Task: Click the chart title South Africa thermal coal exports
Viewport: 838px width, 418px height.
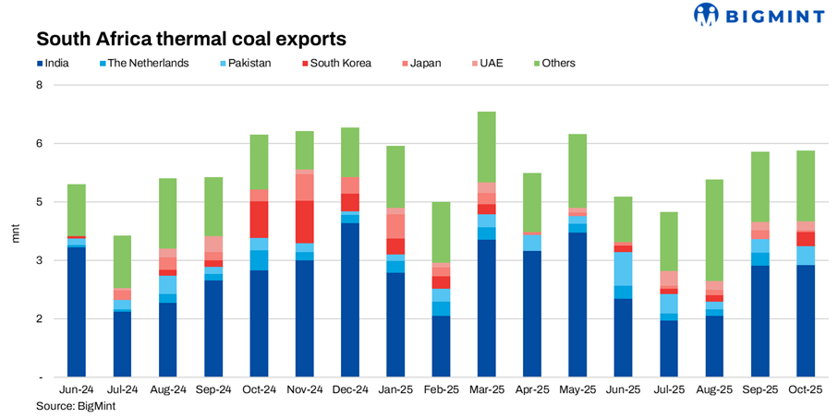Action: [x=191, y=40]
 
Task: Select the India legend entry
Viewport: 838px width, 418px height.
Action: [x=63, y=64]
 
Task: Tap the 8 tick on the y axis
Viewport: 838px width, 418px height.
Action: [x=39, y=85]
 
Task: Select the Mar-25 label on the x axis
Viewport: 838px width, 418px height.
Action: [x=486, y=390]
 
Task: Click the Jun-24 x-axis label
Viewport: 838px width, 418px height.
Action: [x=76, y=390]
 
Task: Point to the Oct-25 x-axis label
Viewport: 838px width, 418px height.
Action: [x=805, y=390]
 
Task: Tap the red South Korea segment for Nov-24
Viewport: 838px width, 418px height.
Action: [x=304, y=221]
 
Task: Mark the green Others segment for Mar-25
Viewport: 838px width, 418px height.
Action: [x=486, y=147]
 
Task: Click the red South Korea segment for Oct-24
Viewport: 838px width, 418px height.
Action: [x=259, y=220]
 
